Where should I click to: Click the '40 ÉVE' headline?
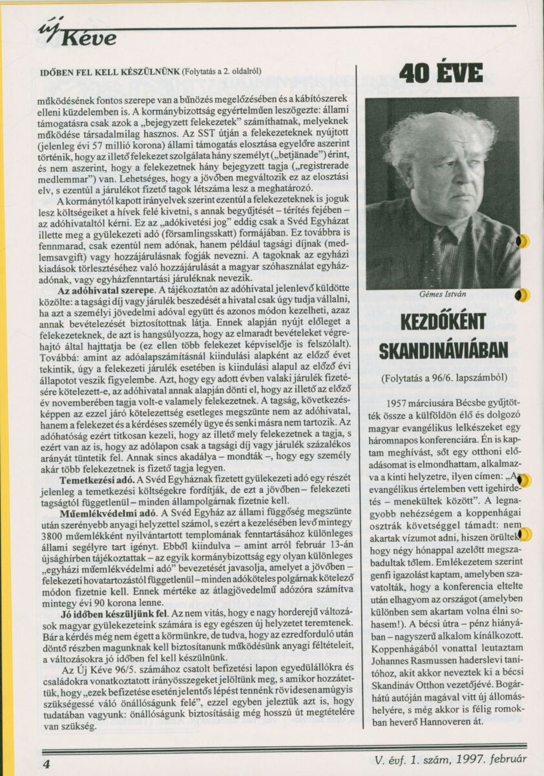coord(441,74)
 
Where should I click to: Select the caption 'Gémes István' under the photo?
coord(443,294)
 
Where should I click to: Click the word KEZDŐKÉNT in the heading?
coord(443,323)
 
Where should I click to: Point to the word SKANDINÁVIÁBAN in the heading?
coord(443,350)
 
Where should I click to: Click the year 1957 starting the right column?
coord(395,403)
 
